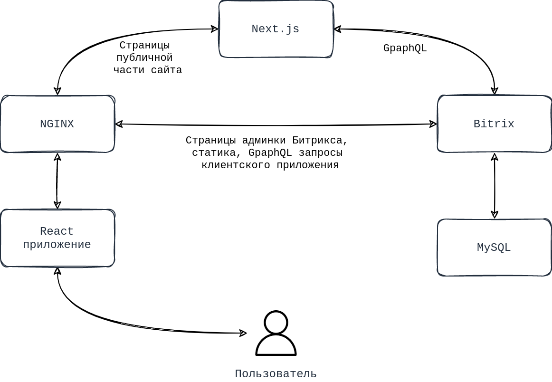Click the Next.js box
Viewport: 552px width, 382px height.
pos(276,29)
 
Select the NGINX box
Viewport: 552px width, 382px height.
pos(57,124)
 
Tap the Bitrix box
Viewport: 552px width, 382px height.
pos(494,124)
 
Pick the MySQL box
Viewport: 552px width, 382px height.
pos(494,248)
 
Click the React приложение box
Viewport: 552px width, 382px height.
pos(57,238)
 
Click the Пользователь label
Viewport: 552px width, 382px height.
pos(276,374)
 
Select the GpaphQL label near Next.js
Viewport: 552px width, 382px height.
pos(405,48)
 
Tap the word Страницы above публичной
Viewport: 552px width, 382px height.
pos(144,45)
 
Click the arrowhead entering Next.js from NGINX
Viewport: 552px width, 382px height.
pos(215,29)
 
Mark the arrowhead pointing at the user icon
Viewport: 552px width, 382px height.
pos(243,333)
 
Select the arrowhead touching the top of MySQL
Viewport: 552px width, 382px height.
pos(495,215)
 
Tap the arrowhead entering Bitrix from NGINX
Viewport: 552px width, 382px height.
pos(433,124)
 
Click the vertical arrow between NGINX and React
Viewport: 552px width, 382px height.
pos(57,181)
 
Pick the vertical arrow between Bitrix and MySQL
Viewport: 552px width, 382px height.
pos(495,185)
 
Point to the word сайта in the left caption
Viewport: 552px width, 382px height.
pos(166,70)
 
